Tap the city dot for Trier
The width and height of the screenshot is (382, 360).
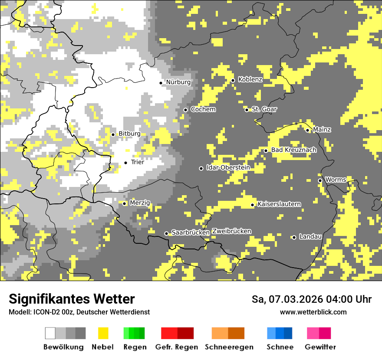[x=125, y=163]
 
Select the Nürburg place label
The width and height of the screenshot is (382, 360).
[x=178, y=82]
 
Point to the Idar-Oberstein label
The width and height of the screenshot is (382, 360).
[x=228, y=167]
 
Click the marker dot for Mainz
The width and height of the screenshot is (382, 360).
[x=307, y=130]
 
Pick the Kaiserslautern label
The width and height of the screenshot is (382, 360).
[x=279, y=204]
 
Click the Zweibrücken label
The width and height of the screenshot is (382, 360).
[x=231, y=231]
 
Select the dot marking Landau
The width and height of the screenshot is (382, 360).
[x=294, y=237]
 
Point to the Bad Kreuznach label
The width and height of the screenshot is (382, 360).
[x=293, y=150]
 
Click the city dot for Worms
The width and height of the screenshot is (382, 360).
[x=320, y=180]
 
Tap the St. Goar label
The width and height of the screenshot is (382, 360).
[x=264, y=109]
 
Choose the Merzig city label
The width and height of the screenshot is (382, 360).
[x=140, y=203]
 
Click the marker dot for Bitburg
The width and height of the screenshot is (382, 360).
[x=113, y=134]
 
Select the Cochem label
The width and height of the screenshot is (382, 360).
[x=203, y=109]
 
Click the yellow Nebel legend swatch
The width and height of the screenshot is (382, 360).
[x=103, y=333]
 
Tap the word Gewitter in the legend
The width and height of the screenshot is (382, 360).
[x=320, y=347]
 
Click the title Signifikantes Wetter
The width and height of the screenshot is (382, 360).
[x=72, y=299]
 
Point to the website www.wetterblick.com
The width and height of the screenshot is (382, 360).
[x=313, y=312]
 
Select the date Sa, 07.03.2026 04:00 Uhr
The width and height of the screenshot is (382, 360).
[x=311, y=299]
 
